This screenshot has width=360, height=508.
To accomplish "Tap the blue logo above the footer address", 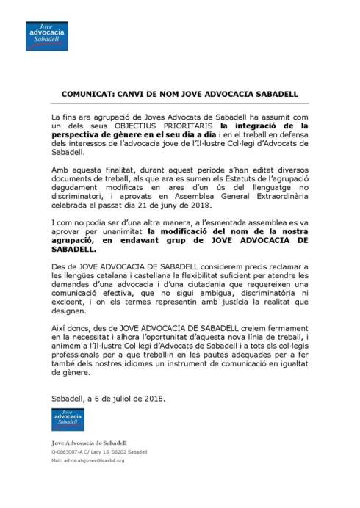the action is [x=67, y=418].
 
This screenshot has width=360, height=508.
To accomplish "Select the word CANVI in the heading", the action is [x=133, y=95].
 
